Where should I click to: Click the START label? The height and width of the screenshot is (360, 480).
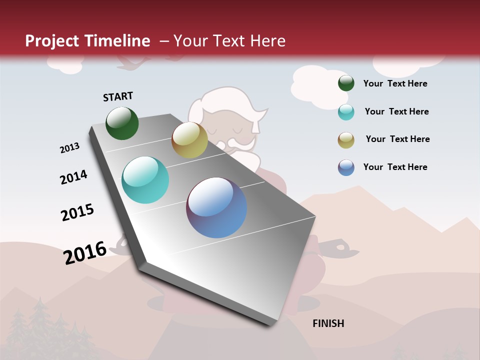point(118,96)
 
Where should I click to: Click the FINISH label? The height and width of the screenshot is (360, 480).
point(328,323)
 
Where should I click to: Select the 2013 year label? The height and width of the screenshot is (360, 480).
point(69,148)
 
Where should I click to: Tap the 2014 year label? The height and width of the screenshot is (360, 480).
point(73,177)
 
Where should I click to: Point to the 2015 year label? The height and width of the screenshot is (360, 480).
point(77,212)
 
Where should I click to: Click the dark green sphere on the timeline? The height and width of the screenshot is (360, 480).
point(122,123)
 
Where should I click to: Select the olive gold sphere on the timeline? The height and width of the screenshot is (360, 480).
point(189,140)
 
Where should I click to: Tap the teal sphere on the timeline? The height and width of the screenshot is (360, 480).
point(145,180)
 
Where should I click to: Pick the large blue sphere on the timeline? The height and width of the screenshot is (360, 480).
point(216,207)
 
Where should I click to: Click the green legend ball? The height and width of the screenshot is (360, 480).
point(346,83)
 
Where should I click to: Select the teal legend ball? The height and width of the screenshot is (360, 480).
point(346,112)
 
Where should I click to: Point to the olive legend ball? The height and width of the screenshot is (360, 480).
point(346,140)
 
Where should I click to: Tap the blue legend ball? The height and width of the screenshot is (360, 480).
point(346,167)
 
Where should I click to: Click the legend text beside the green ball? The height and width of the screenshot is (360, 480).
point(395,83)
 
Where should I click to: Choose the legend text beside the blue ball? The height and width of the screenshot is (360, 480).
point(395,167)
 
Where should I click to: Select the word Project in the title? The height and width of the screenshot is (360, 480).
point(52,41)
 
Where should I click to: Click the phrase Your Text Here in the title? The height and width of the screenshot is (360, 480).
point(229,41)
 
